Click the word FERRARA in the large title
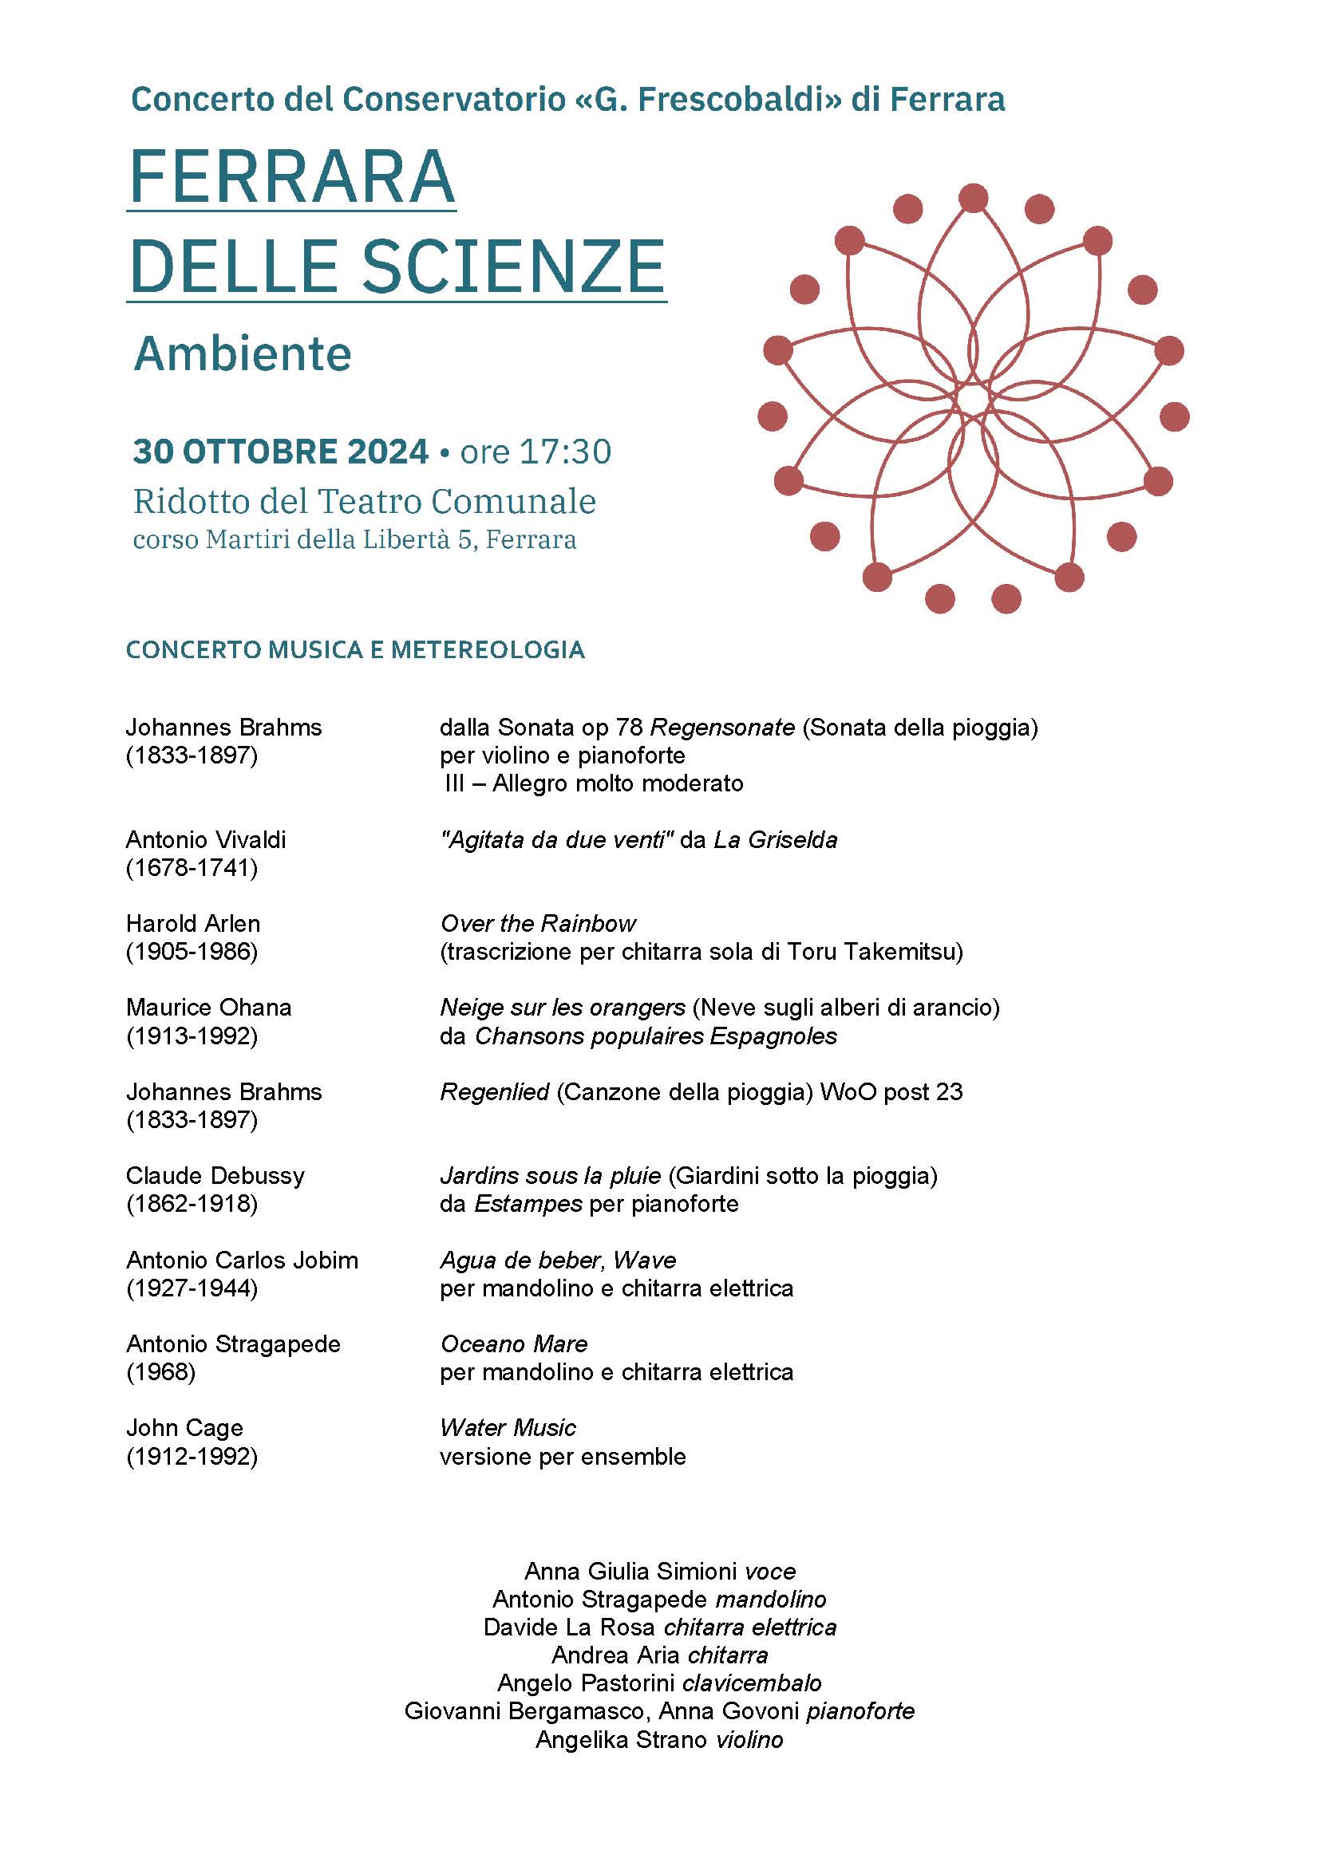292,176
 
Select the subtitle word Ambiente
243,354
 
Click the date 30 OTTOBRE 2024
280,452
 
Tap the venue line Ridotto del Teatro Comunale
364,502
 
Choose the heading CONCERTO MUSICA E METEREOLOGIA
355,650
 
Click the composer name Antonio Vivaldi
206,839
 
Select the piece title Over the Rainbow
537,923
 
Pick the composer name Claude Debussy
215,1175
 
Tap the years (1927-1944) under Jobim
192,1288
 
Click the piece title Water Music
508,1428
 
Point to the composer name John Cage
184,1428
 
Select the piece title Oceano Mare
514,1344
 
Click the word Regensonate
722,728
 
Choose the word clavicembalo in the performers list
752,1683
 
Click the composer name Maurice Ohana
209,1008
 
